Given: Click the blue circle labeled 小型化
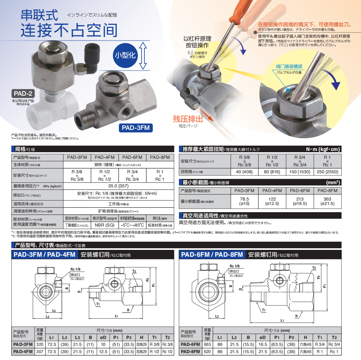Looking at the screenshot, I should click(125, 55).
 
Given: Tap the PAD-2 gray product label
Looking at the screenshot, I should click(23, 94).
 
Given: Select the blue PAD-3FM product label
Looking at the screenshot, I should click(136, 128).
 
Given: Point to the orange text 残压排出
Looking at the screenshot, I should click(188, 119).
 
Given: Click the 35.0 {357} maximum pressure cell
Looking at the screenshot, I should click(118, 186).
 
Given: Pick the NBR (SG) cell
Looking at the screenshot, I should click(105, 225).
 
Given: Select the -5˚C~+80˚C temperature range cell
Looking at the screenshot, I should click(132, 225).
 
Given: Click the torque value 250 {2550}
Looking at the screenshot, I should click(327, 172).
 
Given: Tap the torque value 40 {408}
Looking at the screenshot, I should click(244, 172).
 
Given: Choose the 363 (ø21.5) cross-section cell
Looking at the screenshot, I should click(327, 201).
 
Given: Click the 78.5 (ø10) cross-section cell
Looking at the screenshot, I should click(244, 201).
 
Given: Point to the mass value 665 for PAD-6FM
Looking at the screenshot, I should click(207, 344).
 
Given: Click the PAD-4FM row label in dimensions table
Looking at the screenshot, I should click(23, 352).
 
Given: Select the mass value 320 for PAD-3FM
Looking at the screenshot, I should click(40, 344).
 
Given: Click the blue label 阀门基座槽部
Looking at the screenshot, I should click(289, 67).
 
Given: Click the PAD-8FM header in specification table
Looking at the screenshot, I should click(160, 157).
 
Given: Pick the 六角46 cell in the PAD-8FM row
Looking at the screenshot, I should click(305, 352).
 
